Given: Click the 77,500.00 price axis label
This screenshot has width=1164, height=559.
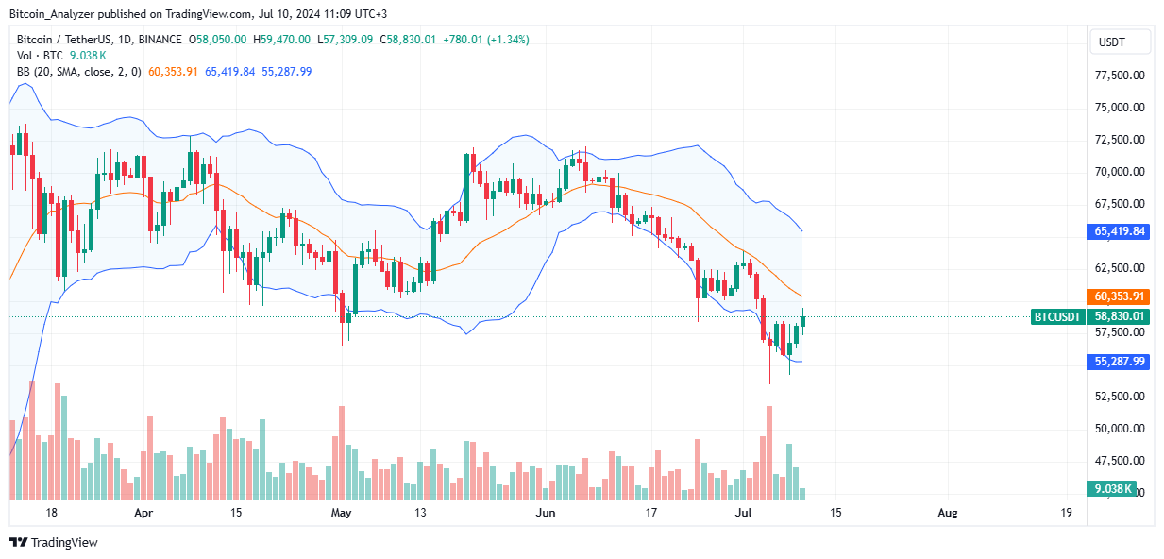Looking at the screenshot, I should pyautogui.click(x=1120, y=76).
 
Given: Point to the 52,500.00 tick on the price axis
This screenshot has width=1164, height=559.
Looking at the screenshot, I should pyautogui.click(x=1120, y=396).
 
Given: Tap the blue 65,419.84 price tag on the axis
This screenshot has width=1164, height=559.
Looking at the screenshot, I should pyautogui.click(x=1120, y=230).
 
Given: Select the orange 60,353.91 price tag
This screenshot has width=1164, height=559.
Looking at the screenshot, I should pyautogui.click(x=1120, y=296).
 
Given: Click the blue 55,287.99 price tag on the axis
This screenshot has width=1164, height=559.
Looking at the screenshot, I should pyautogui.click(x=1120, y=361).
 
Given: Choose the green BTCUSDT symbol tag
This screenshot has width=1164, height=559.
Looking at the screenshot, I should pyautogui.click(x=1057, y=317).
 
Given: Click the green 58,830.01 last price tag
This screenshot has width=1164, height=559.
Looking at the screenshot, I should pyautogui.click(x=1120, y=317).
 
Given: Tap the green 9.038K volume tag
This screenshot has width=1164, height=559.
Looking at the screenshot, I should pyautogui.click(x=1120, y=488).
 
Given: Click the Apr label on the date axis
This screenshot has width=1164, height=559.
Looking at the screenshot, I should pyautogui.click(x=143, y=513).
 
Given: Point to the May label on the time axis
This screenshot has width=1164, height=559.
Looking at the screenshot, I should pyautogui.click(x=342, y=513).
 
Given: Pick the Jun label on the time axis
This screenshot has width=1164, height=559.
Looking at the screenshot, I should pyautogui.click(x=545, y=513).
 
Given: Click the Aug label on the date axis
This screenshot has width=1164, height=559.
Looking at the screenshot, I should pyautogui.click(x=948, y=513).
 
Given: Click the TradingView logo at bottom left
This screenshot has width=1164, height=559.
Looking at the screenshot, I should pyautogui.click(x=54, y=542).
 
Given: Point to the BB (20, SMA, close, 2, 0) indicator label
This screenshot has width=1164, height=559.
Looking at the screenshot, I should pyautogui.click(x=78, y=72).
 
